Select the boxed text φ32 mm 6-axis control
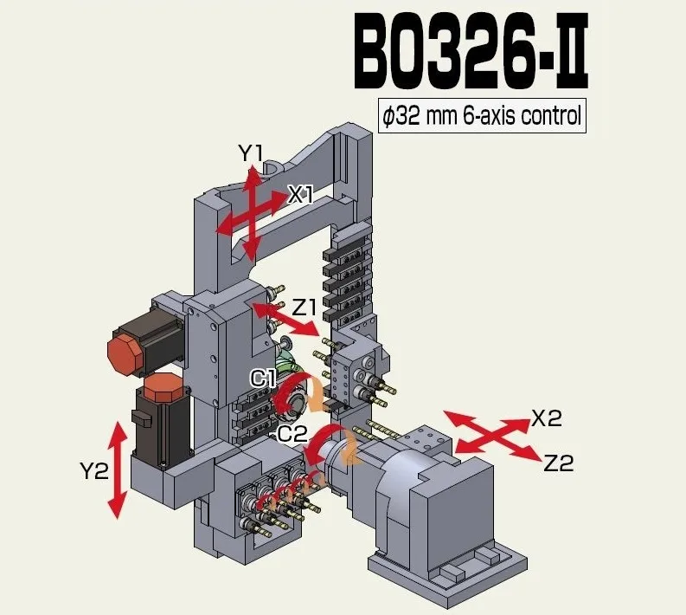[x=482, y=116]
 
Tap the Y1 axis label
[x=251, y=152]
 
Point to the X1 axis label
[x=300, y=194]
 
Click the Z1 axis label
[x=305, y=307]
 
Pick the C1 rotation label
[x=262, y=379]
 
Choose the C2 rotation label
[x=292, y=434]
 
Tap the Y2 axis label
[x=94, y=471]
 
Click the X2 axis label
[x=547, y=418]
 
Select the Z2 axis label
[x=558, y=463]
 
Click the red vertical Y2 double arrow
[x=117, y=469]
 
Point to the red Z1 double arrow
[x=286, y=319]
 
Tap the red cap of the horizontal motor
[x=125, y=352]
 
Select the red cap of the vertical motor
[x=162, y=386]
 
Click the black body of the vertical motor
[x=162, y=429]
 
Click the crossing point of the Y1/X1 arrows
[x=251, y=213]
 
